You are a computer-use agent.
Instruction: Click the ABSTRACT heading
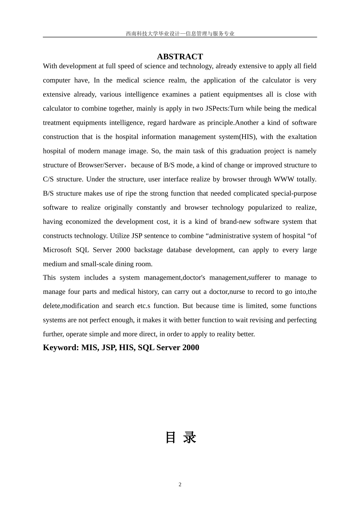click(180, 57)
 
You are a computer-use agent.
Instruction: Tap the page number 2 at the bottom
click(180, 485)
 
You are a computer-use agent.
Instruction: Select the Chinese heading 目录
click(181, 438)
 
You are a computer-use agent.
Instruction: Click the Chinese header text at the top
click(180, 34)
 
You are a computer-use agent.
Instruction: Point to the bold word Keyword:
click(61, 348)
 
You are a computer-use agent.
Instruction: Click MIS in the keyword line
click(89, 348)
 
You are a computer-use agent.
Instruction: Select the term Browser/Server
click(101, 165)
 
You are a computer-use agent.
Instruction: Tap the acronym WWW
click(284, 179)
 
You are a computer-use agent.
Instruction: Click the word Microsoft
click(57, 250)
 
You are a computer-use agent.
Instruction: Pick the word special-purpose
click(294, 194)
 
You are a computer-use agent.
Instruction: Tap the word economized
click(83, 222)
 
